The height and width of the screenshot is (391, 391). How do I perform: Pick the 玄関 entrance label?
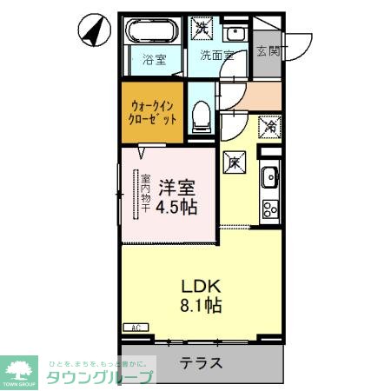[x=268, y=52]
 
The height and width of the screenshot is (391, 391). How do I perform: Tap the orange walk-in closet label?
[x=153, y=111]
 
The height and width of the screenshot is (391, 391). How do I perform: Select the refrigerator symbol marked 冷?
[x=269, y=127]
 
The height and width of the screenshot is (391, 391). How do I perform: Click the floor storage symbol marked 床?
[x=234, y=161]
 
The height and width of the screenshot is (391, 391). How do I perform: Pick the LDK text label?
[x=200, y=286]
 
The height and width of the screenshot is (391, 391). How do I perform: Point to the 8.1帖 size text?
[x=200, y=306]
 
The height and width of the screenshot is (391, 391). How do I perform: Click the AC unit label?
[x=136, y=327]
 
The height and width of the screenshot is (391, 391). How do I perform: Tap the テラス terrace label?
[x=201, y=363]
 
